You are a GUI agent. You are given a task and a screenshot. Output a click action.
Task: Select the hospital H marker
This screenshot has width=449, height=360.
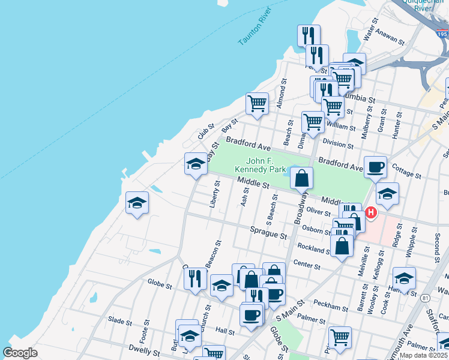click(371, 212)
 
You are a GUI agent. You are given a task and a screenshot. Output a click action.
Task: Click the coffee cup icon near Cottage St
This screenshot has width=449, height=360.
click(376, 167)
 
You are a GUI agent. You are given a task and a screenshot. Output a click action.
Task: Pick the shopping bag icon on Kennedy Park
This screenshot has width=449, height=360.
click(301, 178)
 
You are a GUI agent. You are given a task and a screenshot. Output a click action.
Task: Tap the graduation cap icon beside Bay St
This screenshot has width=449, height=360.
click(196, 165)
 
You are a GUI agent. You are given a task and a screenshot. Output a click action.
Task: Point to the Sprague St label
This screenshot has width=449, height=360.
click(268, 233)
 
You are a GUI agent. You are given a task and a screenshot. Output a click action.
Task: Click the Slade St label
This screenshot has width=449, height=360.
click(120, 322)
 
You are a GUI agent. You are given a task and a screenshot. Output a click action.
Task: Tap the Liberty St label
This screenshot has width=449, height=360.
click(215, 193)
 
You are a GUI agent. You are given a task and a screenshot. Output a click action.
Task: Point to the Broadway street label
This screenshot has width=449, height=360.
click(301, 208)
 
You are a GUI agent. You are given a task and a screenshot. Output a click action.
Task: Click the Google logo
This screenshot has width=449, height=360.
click(20, 353)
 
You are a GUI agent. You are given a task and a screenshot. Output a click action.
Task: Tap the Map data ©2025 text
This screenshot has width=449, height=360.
click(423, 355)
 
